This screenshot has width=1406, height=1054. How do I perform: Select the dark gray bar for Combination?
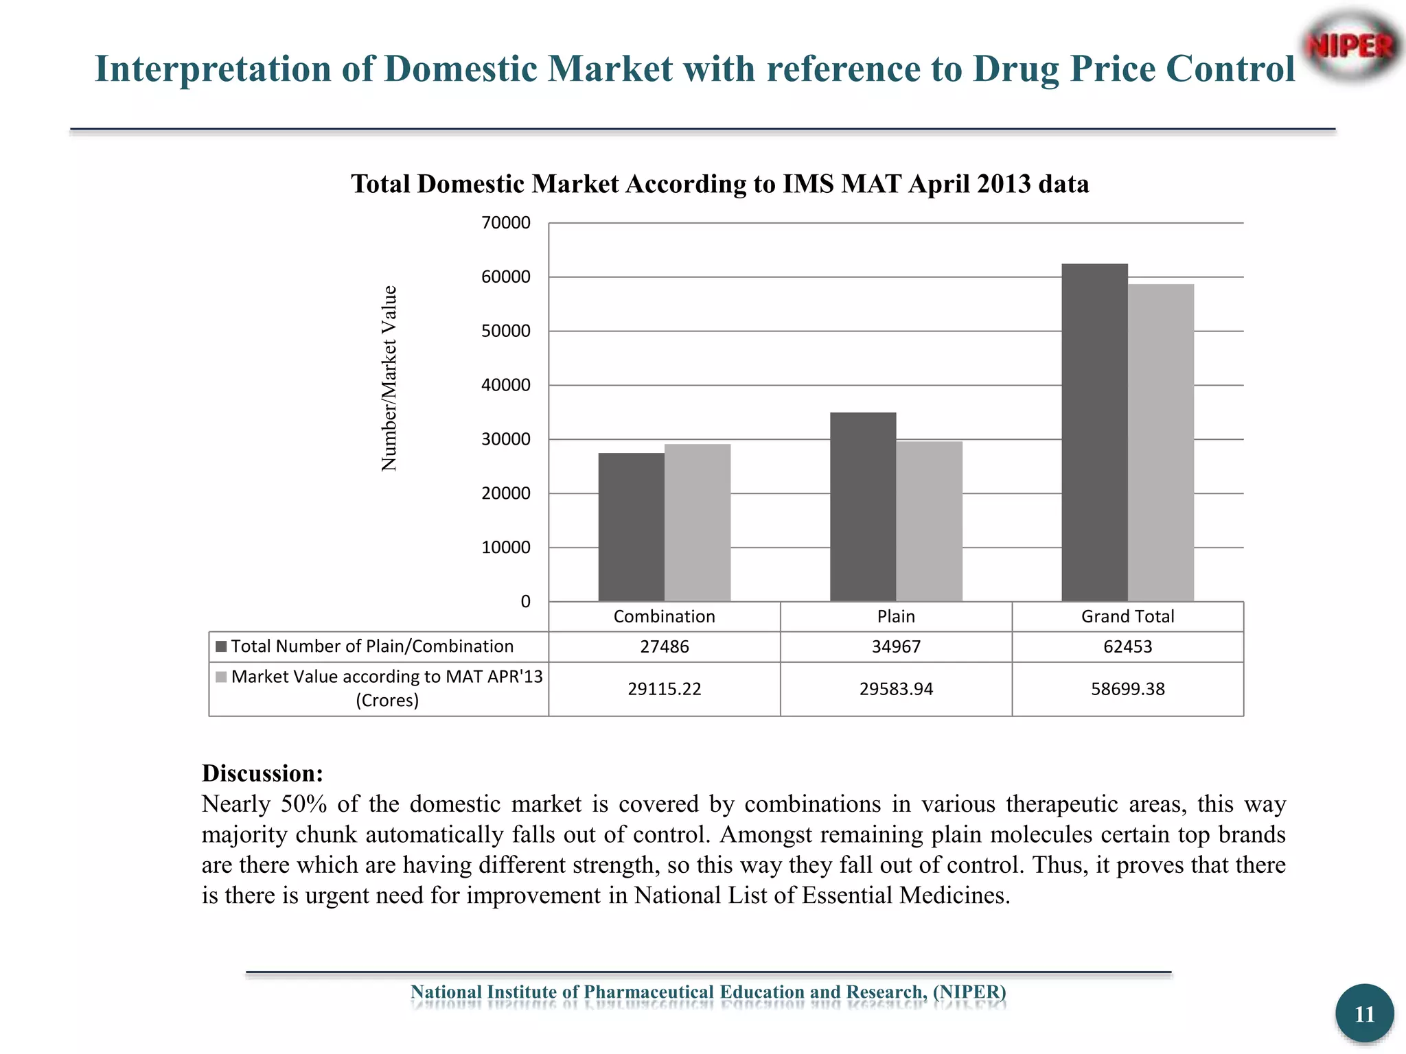pos(631,527)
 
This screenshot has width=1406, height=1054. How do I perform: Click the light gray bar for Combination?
pos(698,523)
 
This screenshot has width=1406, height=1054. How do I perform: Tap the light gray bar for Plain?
pos(929,522)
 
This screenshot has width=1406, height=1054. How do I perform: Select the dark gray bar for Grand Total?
pos(1094,432)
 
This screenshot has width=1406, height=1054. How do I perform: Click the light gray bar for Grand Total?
pos(1161,443)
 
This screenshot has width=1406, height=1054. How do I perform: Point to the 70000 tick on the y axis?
pos(506,222)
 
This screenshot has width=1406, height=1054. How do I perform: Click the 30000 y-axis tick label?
pos(506,439)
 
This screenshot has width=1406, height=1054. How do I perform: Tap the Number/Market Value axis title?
pos(389,378)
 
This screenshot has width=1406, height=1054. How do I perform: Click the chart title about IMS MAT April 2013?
pos(719,184)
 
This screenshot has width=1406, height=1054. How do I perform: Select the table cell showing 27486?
pos(664,646)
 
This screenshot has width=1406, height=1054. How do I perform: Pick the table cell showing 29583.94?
pos(896,689)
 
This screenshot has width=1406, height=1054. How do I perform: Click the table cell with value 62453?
pos(1127,646)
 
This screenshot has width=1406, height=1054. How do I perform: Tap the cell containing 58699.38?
pos(1127,689)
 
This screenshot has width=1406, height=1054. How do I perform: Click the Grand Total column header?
pos(1127,616)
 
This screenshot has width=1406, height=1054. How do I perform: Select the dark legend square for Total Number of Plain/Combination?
pos(221,646)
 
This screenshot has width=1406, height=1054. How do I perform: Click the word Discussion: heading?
pos(262,773)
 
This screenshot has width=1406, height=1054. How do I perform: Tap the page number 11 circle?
pos(1364,1014)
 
